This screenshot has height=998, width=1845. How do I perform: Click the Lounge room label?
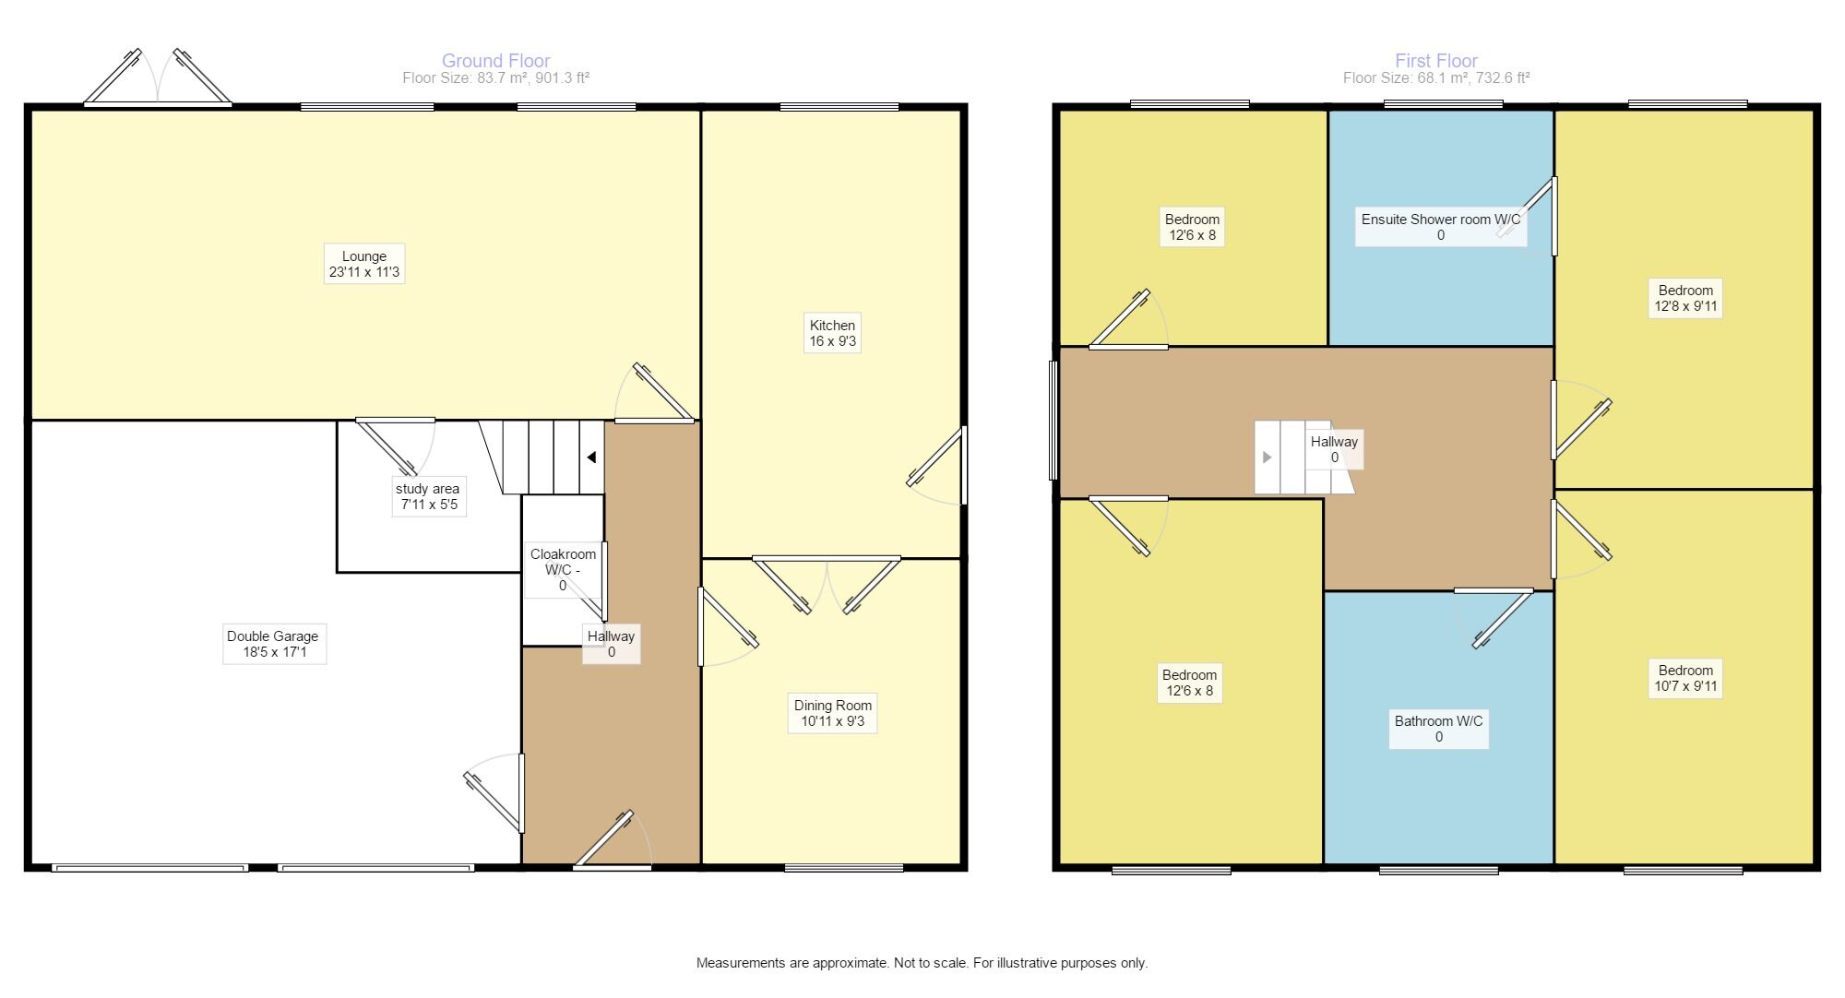pyautogui.click(x=364, y=264)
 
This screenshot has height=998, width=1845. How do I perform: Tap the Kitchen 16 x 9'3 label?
pyautogui.click(x=832, y=333)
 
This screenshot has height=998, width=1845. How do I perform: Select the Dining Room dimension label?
pyautogui.click(x=832, y=713)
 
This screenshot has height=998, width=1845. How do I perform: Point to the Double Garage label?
pyautogui.click(x=274, y=644)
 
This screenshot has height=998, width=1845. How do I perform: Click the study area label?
pyautogui.click(x=429, y=496)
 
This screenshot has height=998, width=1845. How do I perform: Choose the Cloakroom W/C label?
pyautogui.click(x=563, y=570)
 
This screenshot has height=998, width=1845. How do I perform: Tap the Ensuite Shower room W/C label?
pyautogui.click(x=1441, y=227)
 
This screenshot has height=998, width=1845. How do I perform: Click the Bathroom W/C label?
pyautogui.click(x=1439, y=729)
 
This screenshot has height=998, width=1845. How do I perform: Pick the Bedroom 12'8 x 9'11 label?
pyautogui.click(x=1685, y=298)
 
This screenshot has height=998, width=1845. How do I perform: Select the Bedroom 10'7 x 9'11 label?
pyautogui.click(x=1685, y=678)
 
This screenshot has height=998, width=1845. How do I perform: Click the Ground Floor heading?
pyautogui.click(x=496, y=61)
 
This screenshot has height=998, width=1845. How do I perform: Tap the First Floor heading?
pyautogui.click(x=1436, y=61)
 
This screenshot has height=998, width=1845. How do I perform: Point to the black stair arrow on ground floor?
pyautogui.click(x=591, y=457)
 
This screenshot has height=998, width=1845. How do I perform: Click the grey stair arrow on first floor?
pyautogui.click(x=1267, y=457)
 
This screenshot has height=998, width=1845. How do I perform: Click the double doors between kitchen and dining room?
pyautogui.click(x=827, y=584)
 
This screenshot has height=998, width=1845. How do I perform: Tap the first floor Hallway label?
pyautogui.click(x=1334, y=449)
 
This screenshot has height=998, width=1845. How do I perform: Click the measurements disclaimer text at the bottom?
pyautogui.click(x=922, y=963)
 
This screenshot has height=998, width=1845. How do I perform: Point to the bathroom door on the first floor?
pyautogui.click(x=1494, y=617)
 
